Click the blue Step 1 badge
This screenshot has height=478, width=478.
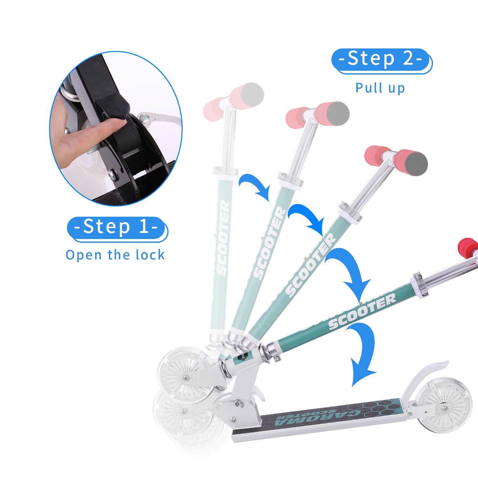point(116,227)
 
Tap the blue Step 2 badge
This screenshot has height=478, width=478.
point(381,60)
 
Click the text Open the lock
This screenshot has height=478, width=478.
point(115,255)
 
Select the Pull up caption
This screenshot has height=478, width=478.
point(380,88)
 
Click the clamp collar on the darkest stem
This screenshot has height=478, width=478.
point(419,285)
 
